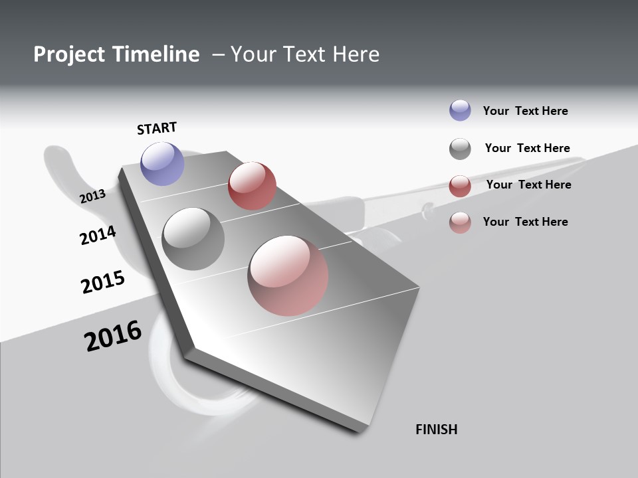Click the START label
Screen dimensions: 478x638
coord(157,128)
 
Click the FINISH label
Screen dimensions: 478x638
coord(437,430)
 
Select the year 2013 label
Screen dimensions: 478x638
coord(92,196)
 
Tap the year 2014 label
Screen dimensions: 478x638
coord(98,235)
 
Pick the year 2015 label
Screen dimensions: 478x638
coord(103,281)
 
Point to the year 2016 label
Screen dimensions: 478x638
coord(113,336)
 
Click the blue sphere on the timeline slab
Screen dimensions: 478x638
coord(163,163)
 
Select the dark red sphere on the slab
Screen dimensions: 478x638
coord(252,185)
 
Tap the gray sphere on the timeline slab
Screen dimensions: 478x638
coord(193,238)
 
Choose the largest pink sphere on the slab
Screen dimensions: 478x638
coord(288,275)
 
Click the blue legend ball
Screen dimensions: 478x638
coord(460,110)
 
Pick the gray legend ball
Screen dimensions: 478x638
coord(460,149)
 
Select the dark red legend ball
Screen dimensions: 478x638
coord(460,186)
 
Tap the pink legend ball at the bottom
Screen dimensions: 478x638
coord(460,222)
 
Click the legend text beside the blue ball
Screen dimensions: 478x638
coord(525,111)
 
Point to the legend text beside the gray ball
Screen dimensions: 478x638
coord(527,148)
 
